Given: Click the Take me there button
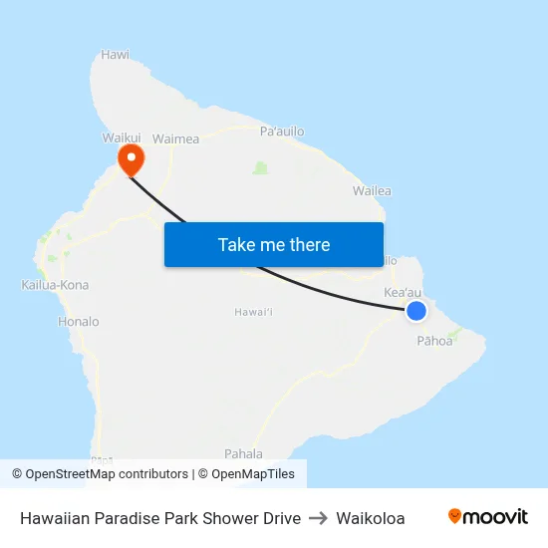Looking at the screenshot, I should click(x=274, y=244).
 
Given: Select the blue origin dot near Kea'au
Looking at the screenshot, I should click(x=416, y=311).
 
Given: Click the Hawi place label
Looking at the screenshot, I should click(x=116, y=56).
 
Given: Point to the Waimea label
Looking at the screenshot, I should click(x=175, y=139).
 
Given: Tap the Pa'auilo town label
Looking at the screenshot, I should click(x=282, y=131).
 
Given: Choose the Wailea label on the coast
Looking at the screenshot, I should click(x=372, y=190).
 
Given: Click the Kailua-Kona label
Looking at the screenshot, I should click(x=55, y=285).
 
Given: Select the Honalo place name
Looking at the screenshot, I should click(x=79, y=322).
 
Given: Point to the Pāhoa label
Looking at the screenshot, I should click(x=434, y=341).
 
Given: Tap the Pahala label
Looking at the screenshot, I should click(x=243, y=452).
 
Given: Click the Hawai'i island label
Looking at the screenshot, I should click(x=254, y=312).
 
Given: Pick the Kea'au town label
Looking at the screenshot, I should click(x=403, y=293).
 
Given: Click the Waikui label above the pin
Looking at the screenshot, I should click(x=122, y=139).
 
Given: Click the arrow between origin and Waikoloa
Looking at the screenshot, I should click(x=319, y=518).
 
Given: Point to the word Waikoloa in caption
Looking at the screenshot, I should click(x=371, y=518).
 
